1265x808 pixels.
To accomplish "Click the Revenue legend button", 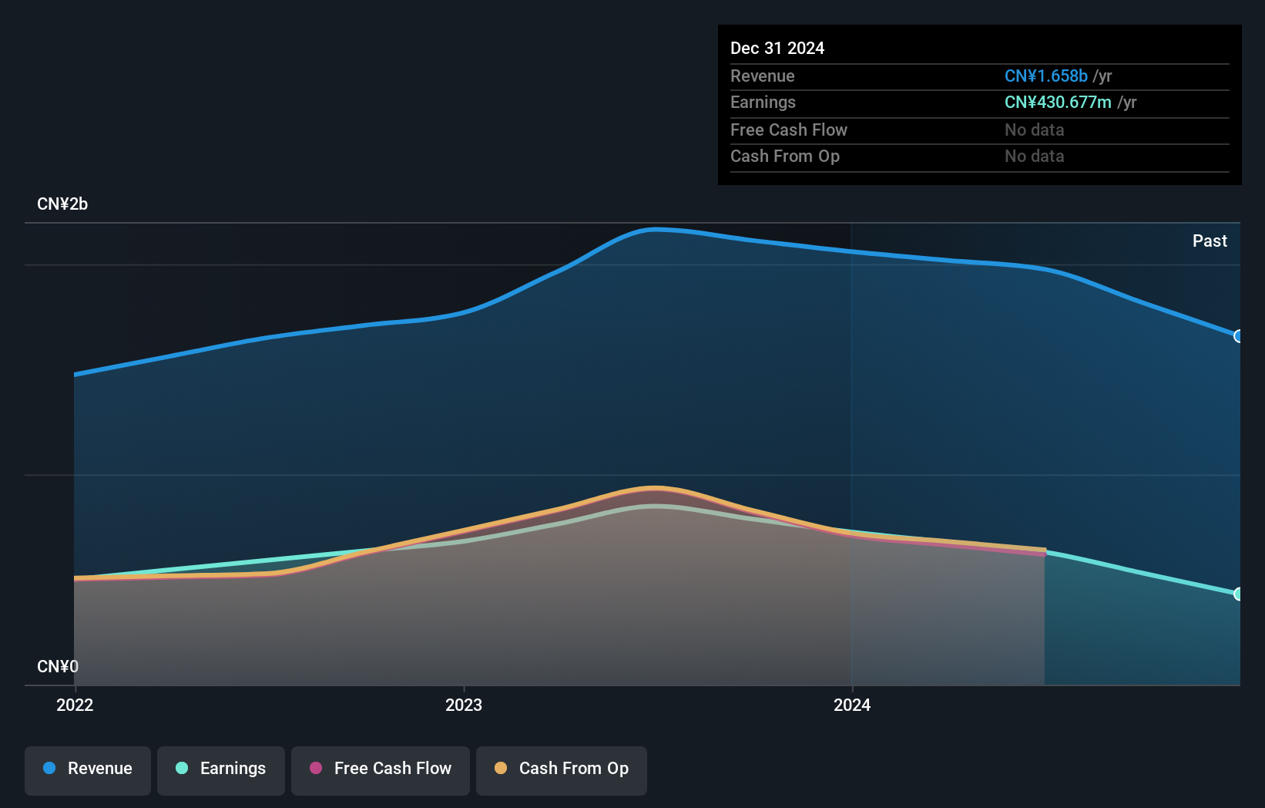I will (88, 769).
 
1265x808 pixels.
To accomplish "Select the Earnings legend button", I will (221, 769).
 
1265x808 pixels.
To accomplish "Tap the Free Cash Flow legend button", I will (381, 769).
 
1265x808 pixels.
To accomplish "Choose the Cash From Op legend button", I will (562, 769).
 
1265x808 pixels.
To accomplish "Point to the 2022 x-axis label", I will (75, 705).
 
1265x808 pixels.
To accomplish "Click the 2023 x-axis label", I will (464, 705).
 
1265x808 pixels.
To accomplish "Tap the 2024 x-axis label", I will (852, 705).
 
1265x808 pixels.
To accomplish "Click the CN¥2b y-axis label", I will (62, 204).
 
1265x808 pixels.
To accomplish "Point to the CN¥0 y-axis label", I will (58, 666).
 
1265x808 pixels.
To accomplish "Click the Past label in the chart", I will (1210, 241).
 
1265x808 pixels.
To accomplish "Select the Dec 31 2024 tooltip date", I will (777, 49).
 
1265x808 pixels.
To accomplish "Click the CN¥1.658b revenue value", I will (1045, 76).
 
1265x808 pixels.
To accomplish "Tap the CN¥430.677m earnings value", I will (1058, 103).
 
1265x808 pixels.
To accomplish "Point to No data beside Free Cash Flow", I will (1034, 130).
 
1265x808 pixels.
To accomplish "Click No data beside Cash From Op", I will (1034, 157).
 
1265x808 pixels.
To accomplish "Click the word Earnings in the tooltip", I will (763, 103).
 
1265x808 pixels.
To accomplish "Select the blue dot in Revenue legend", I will (49, 768).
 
